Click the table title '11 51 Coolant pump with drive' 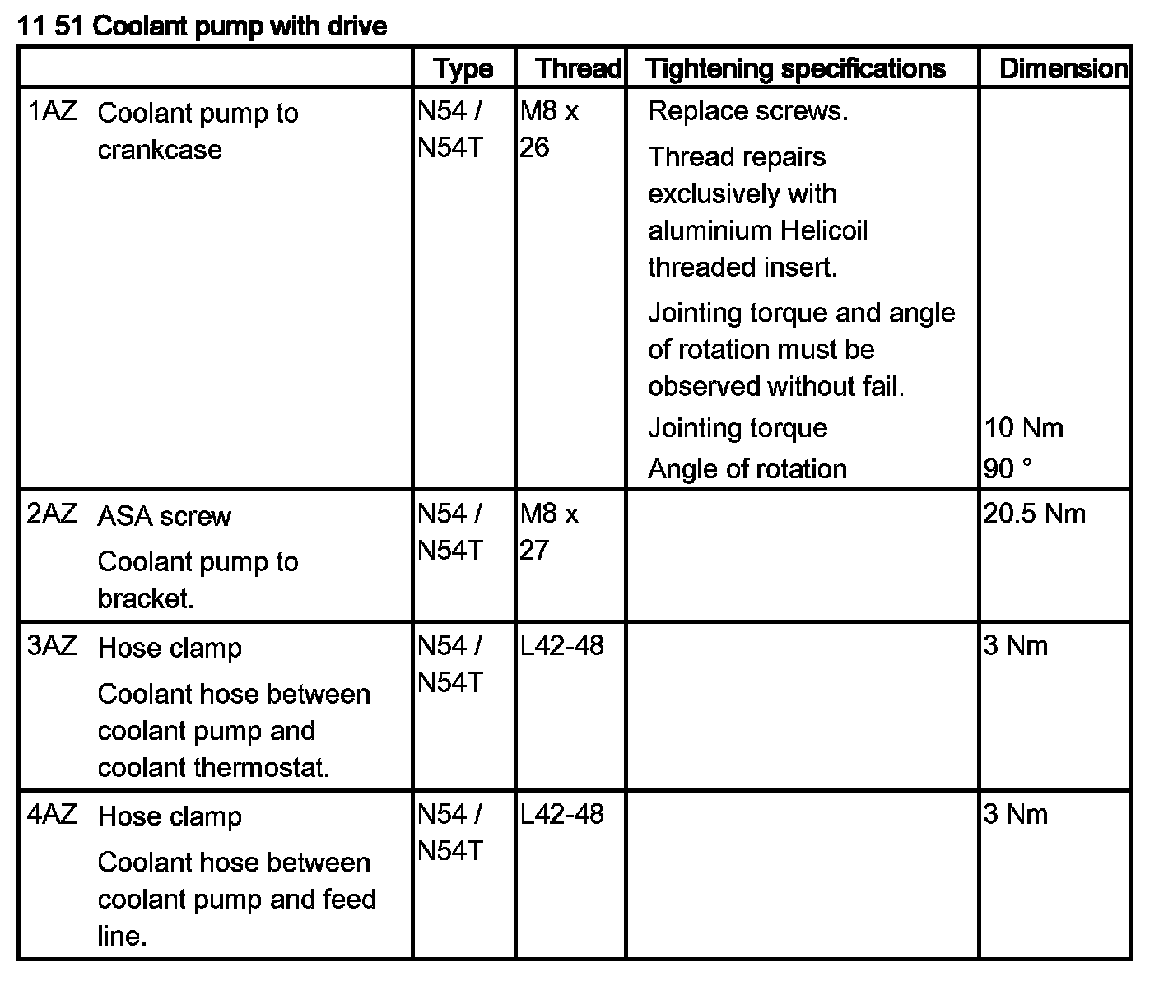tap(202, 26)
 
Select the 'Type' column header tap(463, 68)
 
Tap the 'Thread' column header tap(578, 68)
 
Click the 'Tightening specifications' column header tap(795, 68)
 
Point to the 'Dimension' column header tap(1063, 68)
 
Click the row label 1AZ tap(52, 111)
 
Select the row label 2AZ tap(52, 514)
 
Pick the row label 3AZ tap(52, 645)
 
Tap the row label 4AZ tap(52, 814)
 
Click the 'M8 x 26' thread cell tap(549, 129)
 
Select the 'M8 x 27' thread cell tap(549, 532)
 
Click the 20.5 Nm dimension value tap(1034, 514)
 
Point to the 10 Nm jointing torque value tap(1023, 428)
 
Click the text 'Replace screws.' tap(747, 111)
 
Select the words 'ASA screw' tap(164, 517)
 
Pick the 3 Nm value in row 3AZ tap(1016, 646)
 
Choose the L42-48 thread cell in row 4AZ tap(562, 814)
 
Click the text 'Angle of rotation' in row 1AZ tap(747, 469)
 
